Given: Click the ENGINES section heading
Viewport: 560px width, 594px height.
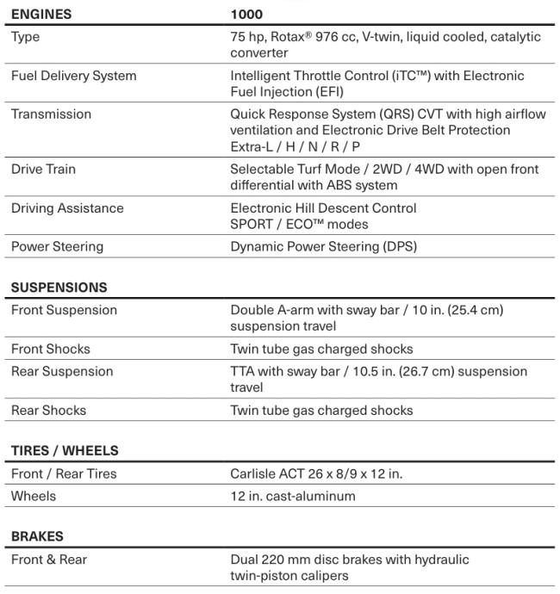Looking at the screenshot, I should coord(41,15).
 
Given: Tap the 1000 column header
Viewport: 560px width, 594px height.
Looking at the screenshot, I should coord(246,15).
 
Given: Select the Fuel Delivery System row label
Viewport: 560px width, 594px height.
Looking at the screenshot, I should coord(73,77).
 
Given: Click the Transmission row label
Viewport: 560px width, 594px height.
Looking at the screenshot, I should coord(51,114).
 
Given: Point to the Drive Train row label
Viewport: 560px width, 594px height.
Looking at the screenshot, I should coord(43,170).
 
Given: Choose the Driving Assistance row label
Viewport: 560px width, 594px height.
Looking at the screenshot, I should coord(67,208).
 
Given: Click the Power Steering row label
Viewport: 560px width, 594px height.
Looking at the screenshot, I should coord(57,247).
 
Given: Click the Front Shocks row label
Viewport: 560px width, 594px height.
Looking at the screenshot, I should coord(50,350).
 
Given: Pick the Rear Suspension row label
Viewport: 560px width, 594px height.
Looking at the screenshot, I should coord(62,372).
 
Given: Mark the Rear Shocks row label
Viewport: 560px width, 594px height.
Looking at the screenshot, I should coord(48,411).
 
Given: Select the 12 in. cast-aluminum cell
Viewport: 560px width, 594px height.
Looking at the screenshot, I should coord(293,497).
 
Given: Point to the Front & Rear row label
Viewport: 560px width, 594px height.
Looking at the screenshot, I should coord(49,560).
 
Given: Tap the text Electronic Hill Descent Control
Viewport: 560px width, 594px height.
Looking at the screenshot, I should coord(323,208).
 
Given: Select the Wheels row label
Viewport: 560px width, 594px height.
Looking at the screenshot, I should coord(33,497).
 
